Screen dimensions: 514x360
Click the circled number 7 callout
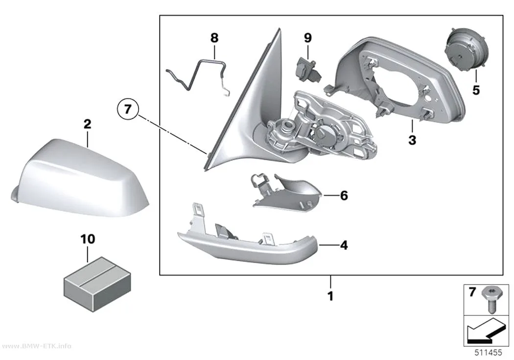(x=127, y=109)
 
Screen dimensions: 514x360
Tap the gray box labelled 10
(x=97, y=284)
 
